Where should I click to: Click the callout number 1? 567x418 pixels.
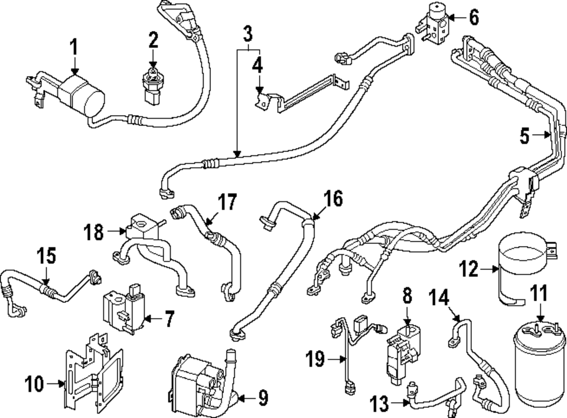click(x=74, y=47)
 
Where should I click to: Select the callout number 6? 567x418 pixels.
click(x=473, y=17)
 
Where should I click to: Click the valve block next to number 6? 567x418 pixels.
click(x=435, y=24)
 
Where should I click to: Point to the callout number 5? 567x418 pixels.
click(x=525, y=136)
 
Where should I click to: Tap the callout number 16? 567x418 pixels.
click(x=333, y=199)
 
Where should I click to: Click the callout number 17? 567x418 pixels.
click(x=227, y=201)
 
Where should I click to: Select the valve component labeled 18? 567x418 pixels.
click(x=142, y=230)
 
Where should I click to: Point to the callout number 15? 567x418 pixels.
click(x=47, y=256)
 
